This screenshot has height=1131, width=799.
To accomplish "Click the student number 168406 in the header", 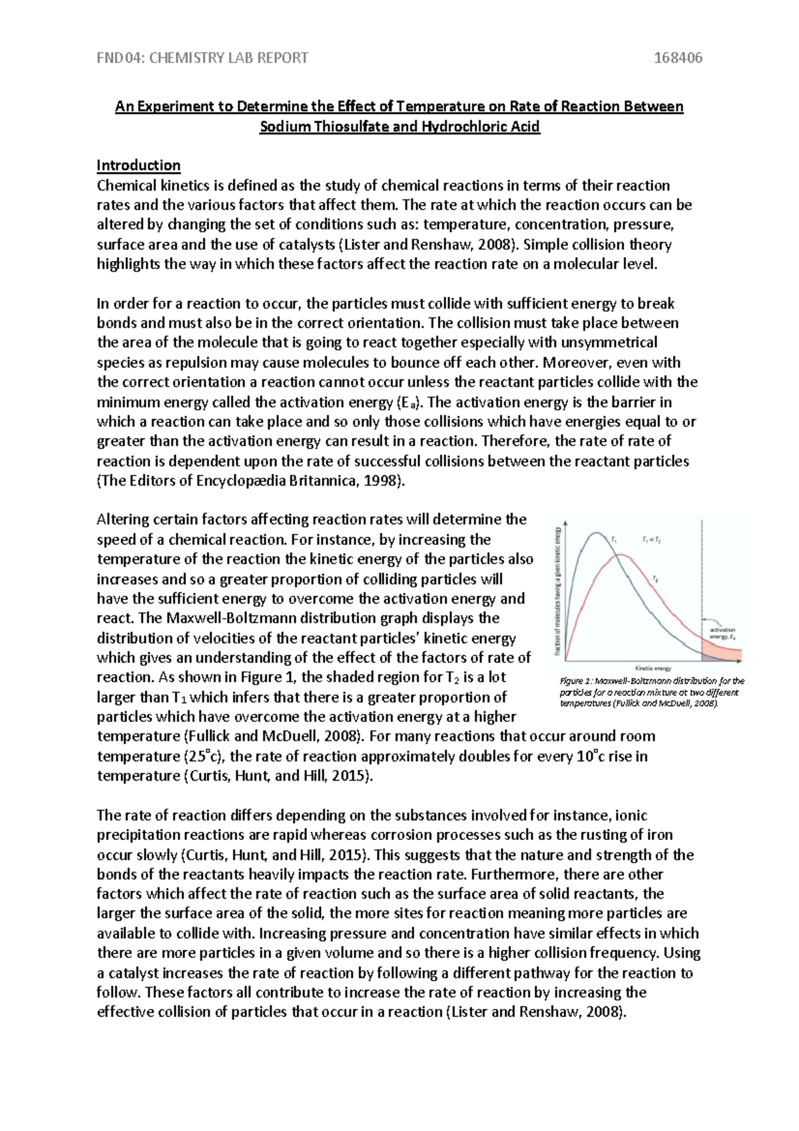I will [678, 58].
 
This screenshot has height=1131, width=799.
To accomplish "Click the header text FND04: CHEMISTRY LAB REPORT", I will [202, 58].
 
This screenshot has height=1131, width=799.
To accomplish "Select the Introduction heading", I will [138, 165].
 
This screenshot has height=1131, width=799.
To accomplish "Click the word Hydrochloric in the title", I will [463, 127].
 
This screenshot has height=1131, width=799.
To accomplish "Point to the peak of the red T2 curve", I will [621, 555].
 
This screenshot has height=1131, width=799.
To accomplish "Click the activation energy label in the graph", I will [722, 633].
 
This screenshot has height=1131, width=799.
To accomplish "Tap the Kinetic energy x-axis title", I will [653, 668].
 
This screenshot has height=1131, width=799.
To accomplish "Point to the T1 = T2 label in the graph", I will [651, 540].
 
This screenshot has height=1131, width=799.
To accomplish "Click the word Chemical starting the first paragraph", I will [127, 186].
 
